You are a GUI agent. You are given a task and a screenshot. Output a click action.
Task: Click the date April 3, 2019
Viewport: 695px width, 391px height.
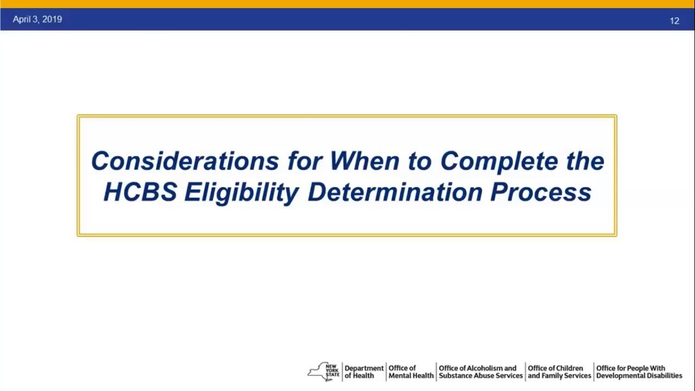37,20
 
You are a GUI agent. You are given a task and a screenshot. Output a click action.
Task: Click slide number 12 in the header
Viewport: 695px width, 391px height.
674,21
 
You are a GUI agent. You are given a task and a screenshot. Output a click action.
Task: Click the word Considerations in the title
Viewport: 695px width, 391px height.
185,161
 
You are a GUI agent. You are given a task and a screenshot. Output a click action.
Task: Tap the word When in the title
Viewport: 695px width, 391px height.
364,161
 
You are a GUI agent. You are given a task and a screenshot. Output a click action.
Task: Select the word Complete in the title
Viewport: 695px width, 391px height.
499,161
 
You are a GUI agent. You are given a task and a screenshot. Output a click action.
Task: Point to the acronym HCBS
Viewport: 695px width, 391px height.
140,192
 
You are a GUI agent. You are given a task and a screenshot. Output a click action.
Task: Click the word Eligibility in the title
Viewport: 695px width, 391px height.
241,192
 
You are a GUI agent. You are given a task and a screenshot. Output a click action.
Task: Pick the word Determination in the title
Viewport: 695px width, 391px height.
395,192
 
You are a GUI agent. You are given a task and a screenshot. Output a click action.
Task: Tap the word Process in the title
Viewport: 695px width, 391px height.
540,192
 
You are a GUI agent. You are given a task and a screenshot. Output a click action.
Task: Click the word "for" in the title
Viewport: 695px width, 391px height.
305,161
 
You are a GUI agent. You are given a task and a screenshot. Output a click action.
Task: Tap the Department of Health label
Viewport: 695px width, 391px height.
364,372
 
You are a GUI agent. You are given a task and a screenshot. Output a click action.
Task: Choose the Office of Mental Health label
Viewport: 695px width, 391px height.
411,372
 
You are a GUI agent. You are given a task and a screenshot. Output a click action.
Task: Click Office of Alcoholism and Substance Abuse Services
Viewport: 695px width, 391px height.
481,372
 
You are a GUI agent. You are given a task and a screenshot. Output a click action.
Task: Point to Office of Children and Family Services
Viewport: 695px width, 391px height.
559,372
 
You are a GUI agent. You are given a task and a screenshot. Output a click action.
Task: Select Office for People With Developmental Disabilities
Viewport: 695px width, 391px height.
639,372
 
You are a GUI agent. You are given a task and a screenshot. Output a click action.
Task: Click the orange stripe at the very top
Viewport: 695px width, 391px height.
347,4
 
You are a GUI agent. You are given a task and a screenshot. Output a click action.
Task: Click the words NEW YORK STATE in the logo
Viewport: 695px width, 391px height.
332,370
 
